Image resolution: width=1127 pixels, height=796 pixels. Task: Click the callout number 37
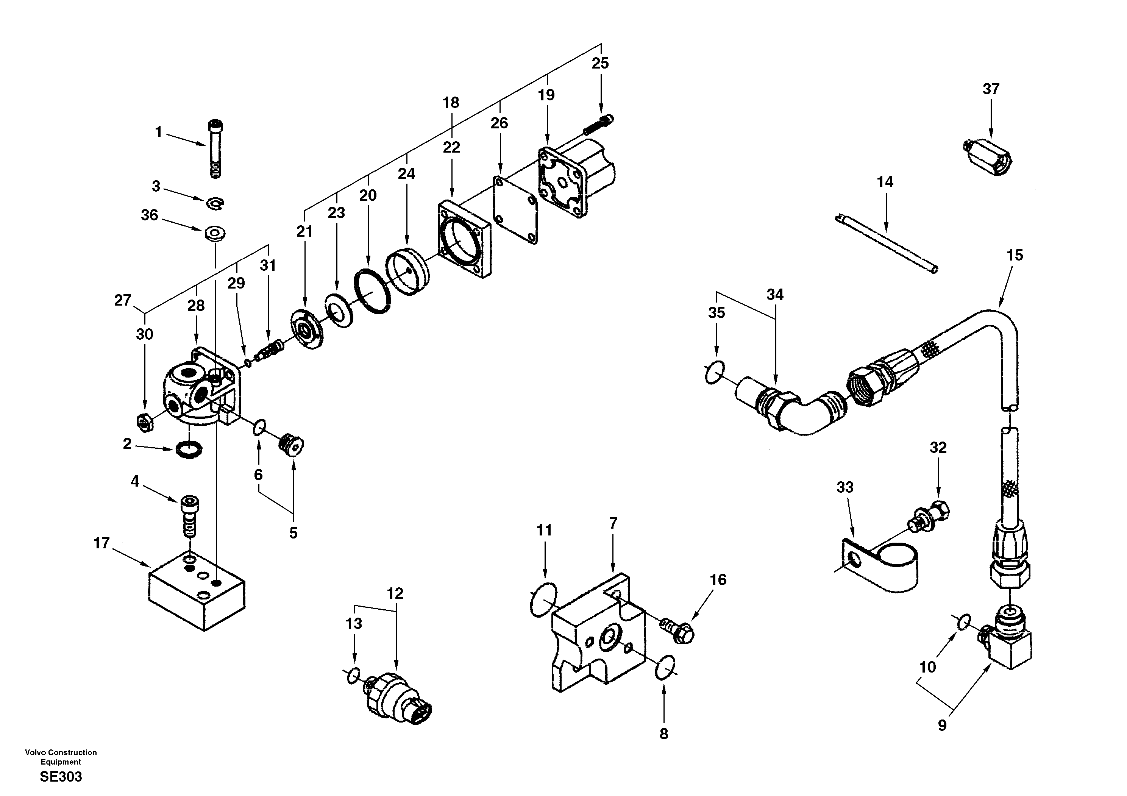click(991, 89)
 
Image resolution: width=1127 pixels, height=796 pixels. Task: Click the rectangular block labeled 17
click(196, 593)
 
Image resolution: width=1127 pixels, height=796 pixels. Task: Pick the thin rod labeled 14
click(886, 242)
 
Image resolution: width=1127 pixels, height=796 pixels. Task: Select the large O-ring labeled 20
click(372, 290)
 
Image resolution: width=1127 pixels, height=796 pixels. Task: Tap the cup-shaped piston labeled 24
click(407, 272)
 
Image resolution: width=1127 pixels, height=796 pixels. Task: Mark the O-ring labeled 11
click(544, 599)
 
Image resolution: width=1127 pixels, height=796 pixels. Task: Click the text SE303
click(61, 777)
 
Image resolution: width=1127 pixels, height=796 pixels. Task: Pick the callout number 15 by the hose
click(1015, 256)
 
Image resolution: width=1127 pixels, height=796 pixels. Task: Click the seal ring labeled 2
click(189, 448)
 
